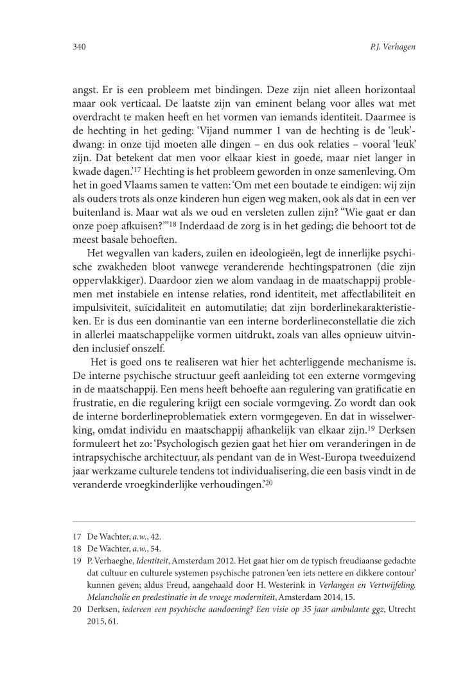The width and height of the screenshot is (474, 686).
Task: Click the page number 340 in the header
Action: coord(79,47)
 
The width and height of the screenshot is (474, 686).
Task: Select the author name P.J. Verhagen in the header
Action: coord(383,47)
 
